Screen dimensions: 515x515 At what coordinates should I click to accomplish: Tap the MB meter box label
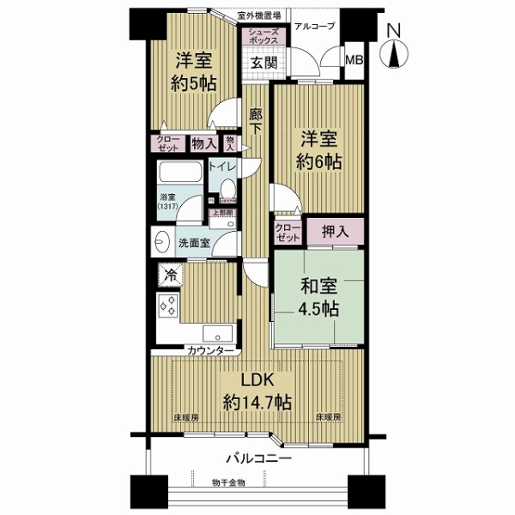click(354, 59)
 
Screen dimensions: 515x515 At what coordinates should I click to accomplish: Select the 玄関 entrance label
click(263, 62)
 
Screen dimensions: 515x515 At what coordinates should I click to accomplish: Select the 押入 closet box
click(334, 230)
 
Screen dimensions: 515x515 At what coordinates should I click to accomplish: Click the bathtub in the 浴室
click(180, 175)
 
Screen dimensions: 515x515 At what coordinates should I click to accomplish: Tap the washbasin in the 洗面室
click(163, 243)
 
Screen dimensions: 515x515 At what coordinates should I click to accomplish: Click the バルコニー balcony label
click(259, 458)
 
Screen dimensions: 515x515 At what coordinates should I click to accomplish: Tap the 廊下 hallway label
click(256, 121)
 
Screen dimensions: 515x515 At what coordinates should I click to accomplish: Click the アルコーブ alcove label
click(314, 26)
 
